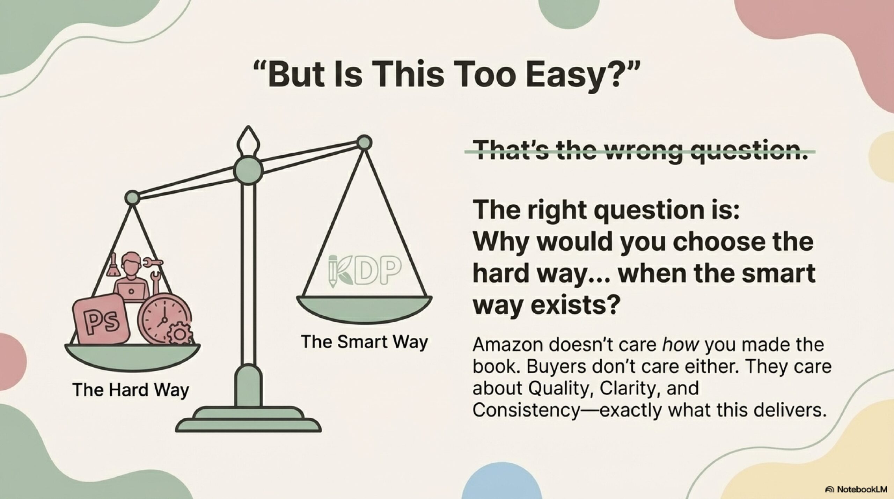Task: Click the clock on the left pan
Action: point(163,318)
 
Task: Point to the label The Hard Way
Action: point(131,389)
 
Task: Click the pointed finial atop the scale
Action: point(248,139)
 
